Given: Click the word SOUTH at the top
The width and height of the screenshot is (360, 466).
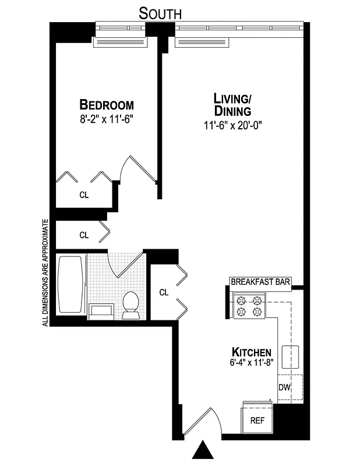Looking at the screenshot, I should (x=160, y=13).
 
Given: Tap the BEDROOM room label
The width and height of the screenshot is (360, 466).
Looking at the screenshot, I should (x=107, y=105).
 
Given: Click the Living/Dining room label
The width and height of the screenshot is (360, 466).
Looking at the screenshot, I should (x=232, y=104).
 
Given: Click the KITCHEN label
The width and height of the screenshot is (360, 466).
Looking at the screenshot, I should (x=251, y=352).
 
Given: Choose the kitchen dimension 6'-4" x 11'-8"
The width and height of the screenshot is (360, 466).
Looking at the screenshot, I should (x=251, y=363).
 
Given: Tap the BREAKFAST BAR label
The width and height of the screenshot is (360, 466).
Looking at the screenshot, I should (x=260, y=282).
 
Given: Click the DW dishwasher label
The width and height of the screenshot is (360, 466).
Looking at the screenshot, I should (x=284, y=387).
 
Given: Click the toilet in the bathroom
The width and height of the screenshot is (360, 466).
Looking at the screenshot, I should (x=131, y=305).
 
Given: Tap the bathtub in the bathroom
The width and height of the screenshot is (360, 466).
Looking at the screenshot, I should (x=71, y=285).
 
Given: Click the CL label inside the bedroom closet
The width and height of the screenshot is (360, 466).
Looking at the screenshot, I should (x=84, y=195).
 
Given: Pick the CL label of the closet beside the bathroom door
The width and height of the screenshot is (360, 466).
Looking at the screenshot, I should (x=164, y=292).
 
